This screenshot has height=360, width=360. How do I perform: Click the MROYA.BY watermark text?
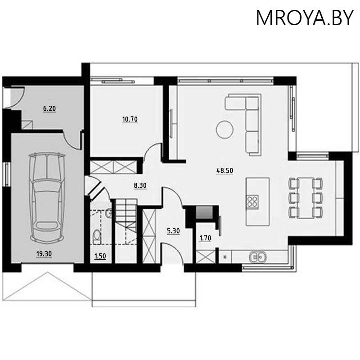[305, 18]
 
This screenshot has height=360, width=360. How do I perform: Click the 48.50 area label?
[225, 171]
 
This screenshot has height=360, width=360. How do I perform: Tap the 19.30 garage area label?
[44, 254]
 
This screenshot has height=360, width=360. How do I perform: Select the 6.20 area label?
[49, 108]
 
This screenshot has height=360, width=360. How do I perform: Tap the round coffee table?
[225, 130]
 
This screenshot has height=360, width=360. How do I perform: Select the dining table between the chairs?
[306, 197]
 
